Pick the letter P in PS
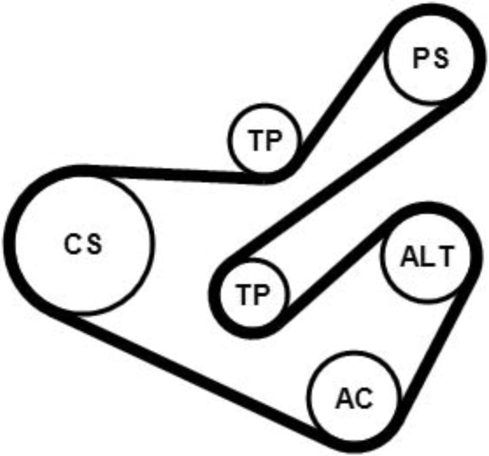[x=420, y=59]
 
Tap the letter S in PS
[x=441, y=59]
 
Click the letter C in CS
[x=73, y=244]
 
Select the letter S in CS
[x=94, y=244]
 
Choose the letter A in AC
[x=345, y=399]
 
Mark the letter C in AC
[x=364, y=399]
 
